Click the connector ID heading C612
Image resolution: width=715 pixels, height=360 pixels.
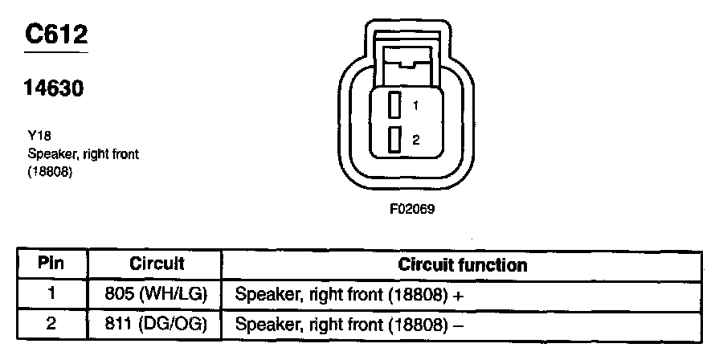click(55, 35)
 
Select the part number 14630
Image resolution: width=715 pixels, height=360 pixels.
click(54, 89)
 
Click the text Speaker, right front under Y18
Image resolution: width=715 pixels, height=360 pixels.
click(83, 153)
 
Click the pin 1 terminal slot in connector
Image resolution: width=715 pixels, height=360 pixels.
click(394, 105)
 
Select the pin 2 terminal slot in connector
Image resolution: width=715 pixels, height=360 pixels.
click(394, 140)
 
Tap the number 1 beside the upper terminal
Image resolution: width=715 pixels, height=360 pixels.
click(416, 105)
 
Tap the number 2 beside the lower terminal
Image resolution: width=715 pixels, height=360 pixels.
click(416, 140)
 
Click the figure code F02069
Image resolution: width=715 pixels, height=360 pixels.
click(411, 210)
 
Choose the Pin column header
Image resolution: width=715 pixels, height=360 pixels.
click(51, 264)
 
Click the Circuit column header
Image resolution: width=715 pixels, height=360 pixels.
click(157, 264)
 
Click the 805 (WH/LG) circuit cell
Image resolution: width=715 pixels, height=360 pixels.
click(157, 294)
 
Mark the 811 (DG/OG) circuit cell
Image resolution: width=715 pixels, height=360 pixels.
click(157, 325)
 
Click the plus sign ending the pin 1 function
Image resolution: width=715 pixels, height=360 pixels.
click(459, 295)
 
